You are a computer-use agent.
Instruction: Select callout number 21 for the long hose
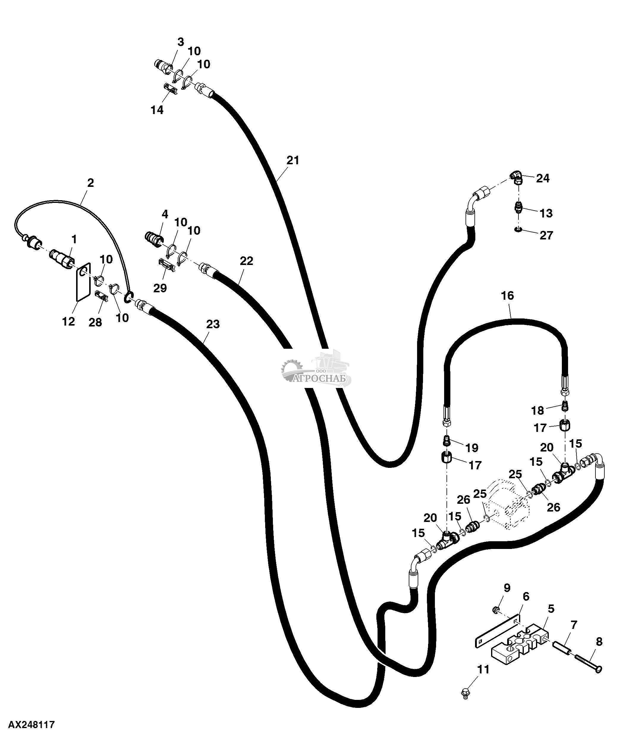(x=293, y=160)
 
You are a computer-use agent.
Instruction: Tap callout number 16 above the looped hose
(x=507, y=296)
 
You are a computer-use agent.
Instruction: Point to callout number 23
(x=213, y=324)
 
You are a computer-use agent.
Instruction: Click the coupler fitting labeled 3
(x=164, y=67)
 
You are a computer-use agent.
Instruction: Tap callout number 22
(x=246, y=261)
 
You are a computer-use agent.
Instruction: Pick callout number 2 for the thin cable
(x=90, y=183)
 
